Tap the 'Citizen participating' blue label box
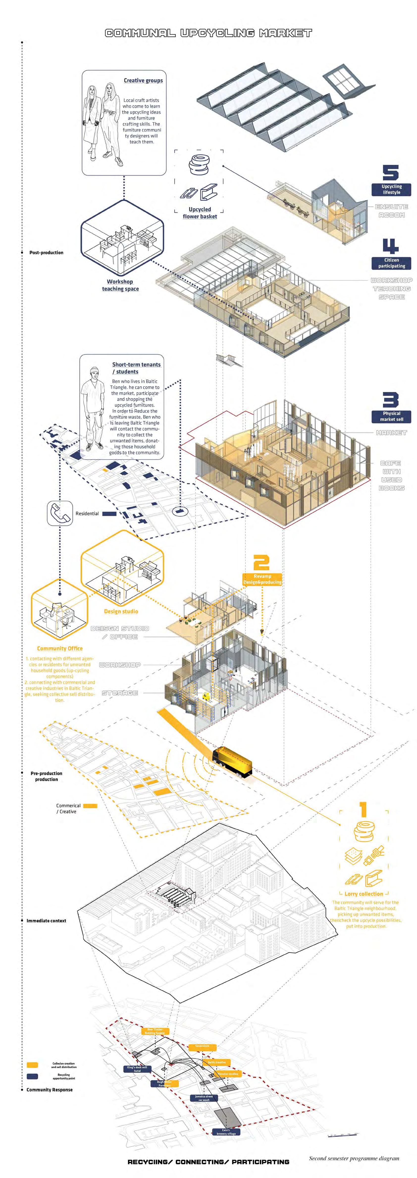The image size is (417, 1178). pyautogui.click(x=391, y=263)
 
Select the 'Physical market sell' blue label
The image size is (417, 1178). pyautogui.click(x=391, y=416)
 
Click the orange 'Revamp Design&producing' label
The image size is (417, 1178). pyautogui.click(x=262, y=579)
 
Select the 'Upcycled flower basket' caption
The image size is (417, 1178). pyautogui.click(x=200, y=213)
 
